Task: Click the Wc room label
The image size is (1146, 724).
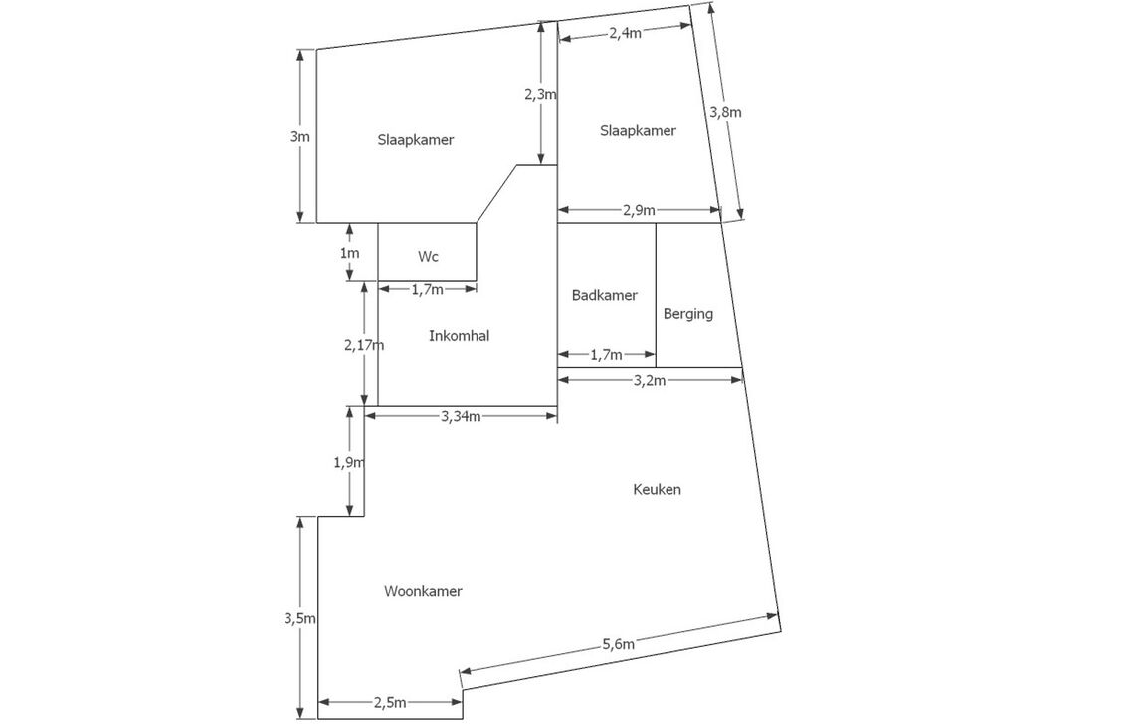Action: [x=429, y=257]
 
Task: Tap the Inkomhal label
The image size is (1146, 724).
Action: [x=459, y=336]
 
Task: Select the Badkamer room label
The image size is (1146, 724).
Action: [x=605, y=295]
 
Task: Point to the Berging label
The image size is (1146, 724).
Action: [x=688, y=314]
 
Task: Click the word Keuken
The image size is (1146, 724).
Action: [x=657, y=490]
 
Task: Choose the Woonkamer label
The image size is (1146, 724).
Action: [x=423, y=591]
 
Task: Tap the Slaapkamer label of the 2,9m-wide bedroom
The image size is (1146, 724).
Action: [x=638, y=131]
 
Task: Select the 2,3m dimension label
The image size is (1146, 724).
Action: [x=540, y=95]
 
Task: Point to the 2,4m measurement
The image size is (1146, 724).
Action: [x=625, y=33]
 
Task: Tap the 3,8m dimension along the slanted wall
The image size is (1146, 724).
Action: [x=725, y=112]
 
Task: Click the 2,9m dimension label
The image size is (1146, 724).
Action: [x=639, y=210]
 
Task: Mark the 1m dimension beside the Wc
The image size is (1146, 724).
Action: [x=349, y=253]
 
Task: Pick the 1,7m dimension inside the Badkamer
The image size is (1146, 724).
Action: [x=606, y=355]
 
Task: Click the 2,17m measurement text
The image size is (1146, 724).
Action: [x=364, y=345]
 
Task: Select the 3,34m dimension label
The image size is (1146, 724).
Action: [x=461, y=416]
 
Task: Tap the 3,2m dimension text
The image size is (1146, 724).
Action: [x=649, y=381]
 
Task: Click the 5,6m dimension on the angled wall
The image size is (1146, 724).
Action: [x=618, y=644]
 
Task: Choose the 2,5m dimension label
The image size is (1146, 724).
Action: [x=390, y=703]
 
